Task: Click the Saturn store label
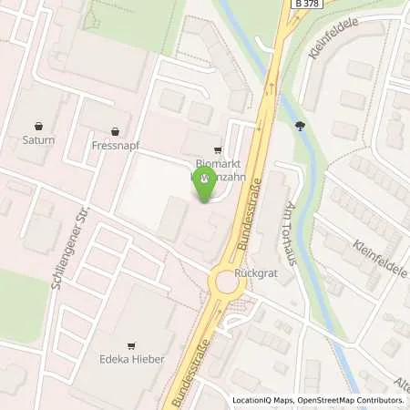click(x=39, y=141)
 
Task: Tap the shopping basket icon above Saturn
click(x=39, y=128)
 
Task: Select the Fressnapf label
click(x=115, y=145)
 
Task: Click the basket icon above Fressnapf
click(x=115, y=131)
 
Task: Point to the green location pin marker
click(x=204, y=182)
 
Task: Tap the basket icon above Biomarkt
click(x=216, y=151)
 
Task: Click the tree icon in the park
click(x=301, y=127)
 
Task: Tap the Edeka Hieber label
click(x=132, y=359)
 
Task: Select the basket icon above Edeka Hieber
click(x=132, y=345)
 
